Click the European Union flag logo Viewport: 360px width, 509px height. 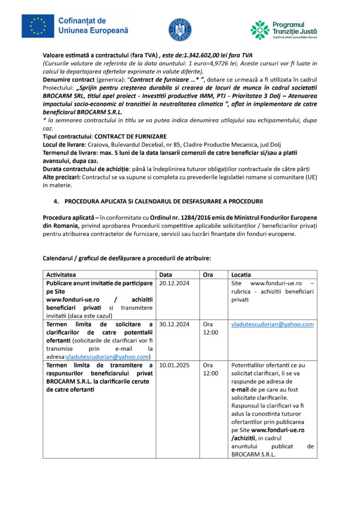click(x=38, y=26)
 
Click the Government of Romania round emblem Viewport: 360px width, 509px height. click(x=180, y=29)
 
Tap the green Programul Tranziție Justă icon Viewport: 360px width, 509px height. click(x=260, y=30)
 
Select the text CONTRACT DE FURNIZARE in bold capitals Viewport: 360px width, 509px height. click(x=130, y=137)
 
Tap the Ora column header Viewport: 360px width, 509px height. click(x=208, y=275)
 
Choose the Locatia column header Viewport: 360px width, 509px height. click(x=241, y=275)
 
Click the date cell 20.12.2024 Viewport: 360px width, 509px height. click(x=174, y=283)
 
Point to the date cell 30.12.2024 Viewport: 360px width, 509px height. click(x=174, y=324)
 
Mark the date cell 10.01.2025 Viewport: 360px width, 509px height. click(x=174, y=365)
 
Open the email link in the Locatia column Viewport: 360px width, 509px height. click(x=272, y=324)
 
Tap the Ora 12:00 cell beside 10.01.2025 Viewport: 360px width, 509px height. click(x=210, y=369)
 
